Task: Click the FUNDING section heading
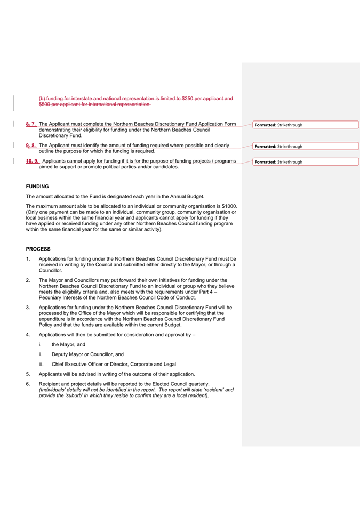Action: tap(37, 187)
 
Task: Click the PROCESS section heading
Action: tap(38, 249)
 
